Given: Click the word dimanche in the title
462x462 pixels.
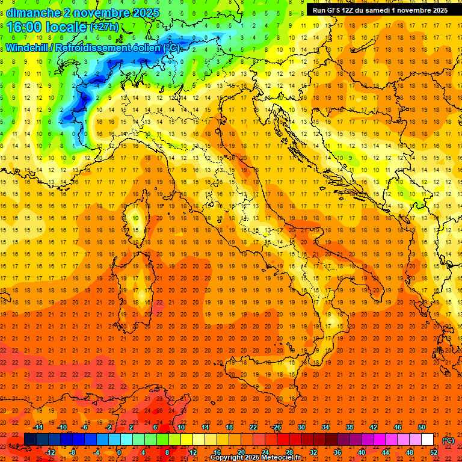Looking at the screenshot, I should pyautogui.click(x=34, y=13).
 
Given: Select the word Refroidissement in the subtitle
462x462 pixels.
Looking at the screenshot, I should pyautogui.click(x=105, y=48).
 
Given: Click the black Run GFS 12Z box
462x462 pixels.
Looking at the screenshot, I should pyautogui.click(x=380, y=10).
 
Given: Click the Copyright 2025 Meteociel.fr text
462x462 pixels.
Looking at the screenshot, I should pyautogui.click(x=254, y=457).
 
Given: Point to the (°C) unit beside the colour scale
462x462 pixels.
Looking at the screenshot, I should pyautogui.click(x=448, y=440).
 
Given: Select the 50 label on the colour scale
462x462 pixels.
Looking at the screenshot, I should pyautogui.click(x=421, y=427).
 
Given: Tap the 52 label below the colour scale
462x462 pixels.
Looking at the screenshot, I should pyautogui.click(x=433, y=452).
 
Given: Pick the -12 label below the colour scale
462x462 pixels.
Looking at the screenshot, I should pyautogui.click(x=50, y=452).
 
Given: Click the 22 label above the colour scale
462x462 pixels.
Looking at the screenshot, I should pyautogui.click(x=253, y=427).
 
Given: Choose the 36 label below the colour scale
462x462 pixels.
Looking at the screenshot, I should pyautogui.click(x=337, y=452).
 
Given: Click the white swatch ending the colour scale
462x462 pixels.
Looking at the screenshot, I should pyautogui.click(x=427, y=440).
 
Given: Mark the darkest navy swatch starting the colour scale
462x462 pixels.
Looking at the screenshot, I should pyautogui.click(x=30, y=440).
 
